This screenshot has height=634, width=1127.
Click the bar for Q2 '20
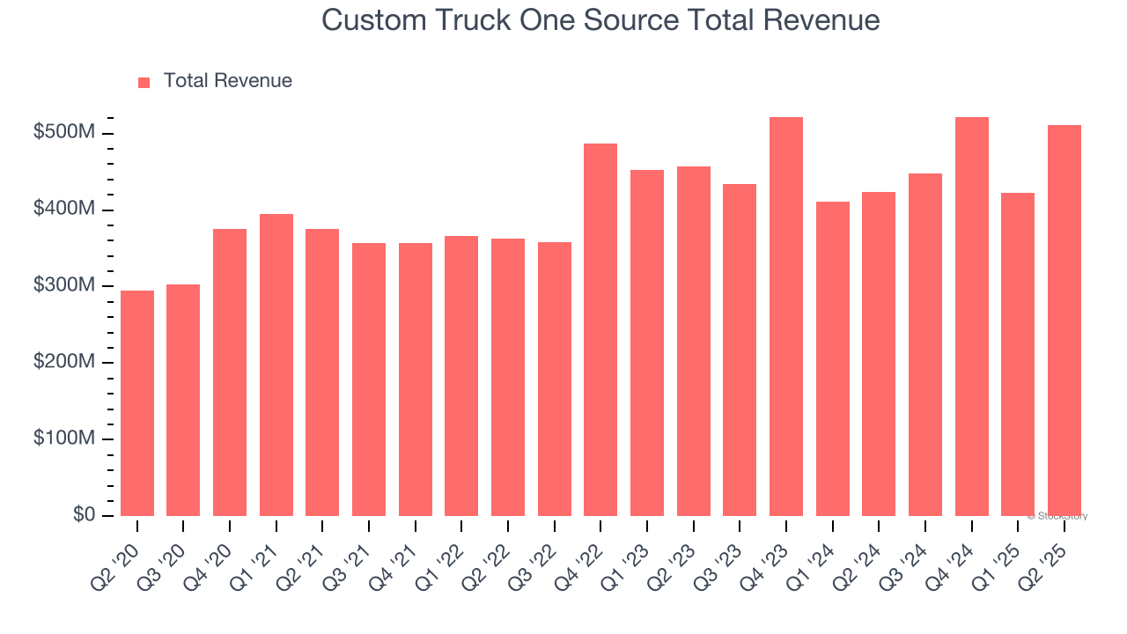click(x=137, y=403)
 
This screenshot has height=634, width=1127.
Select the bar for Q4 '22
click(x=600, y=329)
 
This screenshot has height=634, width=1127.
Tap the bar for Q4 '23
click(x=786, y=316)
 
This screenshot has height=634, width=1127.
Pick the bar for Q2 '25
click(x=1064, y=321)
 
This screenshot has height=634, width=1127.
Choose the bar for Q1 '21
click(x=276, y=365)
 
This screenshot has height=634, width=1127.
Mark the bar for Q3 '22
click(x=555, y=379)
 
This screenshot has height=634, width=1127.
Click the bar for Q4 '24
click(x=972, y=316)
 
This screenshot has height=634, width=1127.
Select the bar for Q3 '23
click(x=740, y=350)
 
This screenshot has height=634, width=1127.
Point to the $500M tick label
click(x=64, y=133)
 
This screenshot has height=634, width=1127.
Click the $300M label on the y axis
click(x=64, y=286)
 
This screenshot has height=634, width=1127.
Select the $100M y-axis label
click(x=64, y=439)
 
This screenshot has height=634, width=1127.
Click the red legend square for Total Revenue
click(x=144, y=82)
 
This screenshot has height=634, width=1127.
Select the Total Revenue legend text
click(x=227, y=81)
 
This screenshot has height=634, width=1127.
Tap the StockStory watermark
click(x=1057, y=516)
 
